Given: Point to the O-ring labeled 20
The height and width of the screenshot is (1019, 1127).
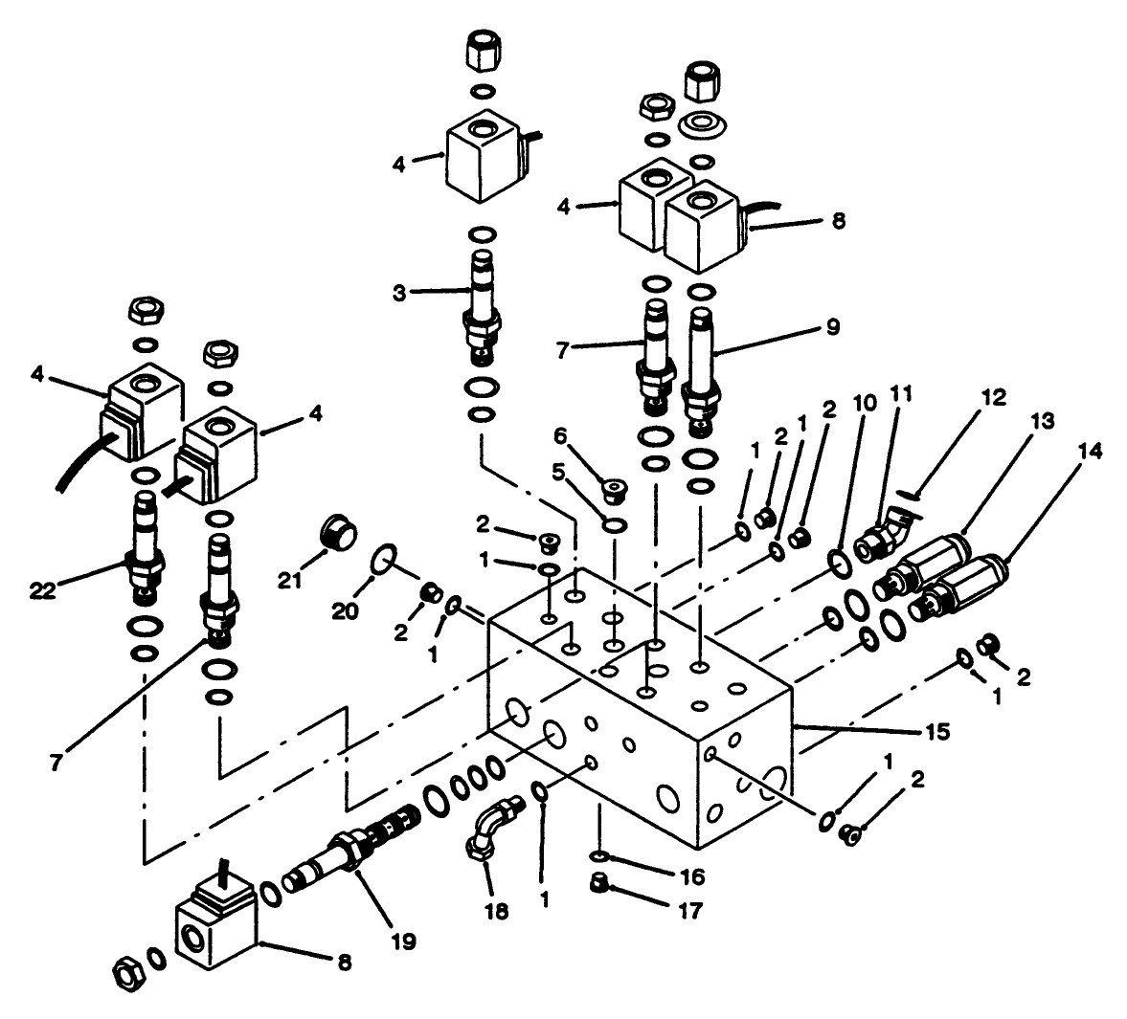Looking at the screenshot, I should point(384,559).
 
